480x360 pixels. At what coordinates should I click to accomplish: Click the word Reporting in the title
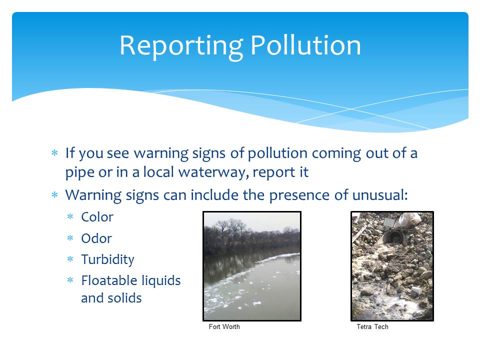point(181,46)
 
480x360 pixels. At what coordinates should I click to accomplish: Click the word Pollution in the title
point(306,45)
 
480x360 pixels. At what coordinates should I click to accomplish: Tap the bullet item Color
point(97,217)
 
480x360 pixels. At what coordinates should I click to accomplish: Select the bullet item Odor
point(96,238)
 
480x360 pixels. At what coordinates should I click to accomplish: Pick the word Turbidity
point(107,260)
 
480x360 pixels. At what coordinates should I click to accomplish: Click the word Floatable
point(104,280)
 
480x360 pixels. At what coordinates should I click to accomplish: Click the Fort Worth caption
point(224,326)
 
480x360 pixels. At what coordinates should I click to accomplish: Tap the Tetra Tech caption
point(372,326)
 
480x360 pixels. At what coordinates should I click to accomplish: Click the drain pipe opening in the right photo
point(395,237)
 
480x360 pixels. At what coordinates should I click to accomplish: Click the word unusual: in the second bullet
point(380,195)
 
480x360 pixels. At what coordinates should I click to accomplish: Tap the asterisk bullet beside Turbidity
point(70,259)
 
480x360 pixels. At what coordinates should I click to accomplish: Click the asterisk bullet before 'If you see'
point(54,153)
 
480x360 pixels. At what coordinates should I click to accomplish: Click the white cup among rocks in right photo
point(417,290)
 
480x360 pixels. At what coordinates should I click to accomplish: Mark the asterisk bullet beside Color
point(70,216)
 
